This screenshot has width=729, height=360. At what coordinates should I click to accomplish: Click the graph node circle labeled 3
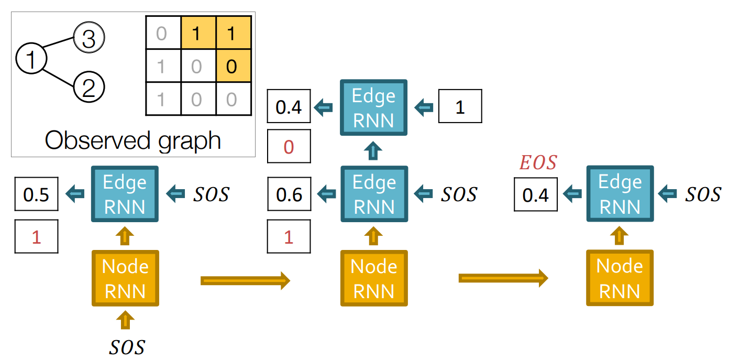89,39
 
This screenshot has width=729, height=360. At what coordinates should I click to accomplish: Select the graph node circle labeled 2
89,87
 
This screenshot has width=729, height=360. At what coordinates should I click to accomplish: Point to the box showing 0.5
36,194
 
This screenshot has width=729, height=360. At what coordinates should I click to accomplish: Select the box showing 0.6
289,194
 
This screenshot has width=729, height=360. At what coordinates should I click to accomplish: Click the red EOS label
537,163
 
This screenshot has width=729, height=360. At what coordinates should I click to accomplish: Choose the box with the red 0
289,147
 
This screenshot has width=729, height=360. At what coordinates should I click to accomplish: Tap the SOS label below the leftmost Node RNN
126,346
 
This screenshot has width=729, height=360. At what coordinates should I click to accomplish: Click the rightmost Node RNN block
620,278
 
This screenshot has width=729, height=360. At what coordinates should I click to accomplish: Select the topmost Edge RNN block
373,108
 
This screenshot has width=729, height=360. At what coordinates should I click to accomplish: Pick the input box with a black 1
460,107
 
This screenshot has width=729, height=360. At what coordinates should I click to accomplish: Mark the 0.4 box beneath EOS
536,194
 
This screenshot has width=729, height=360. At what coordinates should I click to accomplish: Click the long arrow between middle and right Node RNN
503,278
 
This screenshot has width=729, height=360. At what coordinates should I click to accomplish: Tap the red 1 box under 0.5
36,237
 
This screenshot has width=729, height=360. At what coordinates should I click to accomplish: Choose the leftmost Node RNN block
125,278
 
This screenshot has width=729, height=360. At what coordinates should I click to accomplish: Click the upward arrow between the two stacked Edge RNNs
373,151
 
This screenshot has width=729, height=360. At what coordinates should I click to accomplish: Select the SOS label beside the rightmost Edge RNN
703,194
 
